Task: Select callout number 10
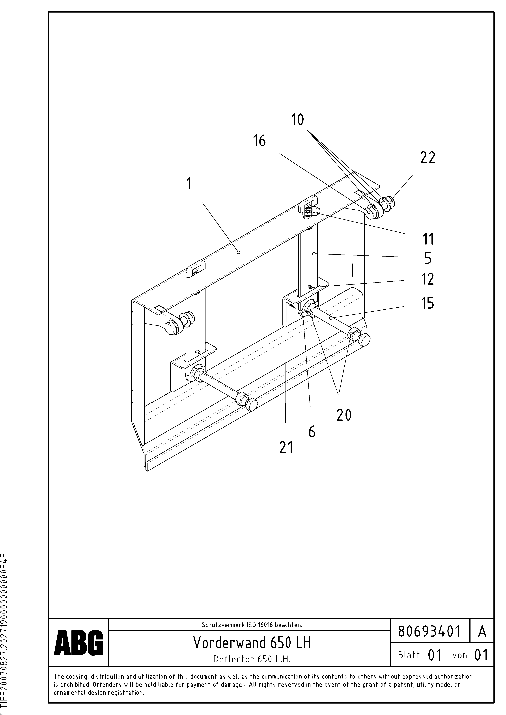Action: [297, 120]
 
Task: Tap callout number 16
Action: [259, 141]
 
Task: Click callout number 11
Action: [428, 239]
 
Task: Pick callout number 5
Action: [428, 258]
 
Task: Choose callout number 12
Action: [428, 279]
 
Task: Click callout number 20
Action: [344, 415]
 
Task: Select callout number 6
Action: [312, 432]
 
